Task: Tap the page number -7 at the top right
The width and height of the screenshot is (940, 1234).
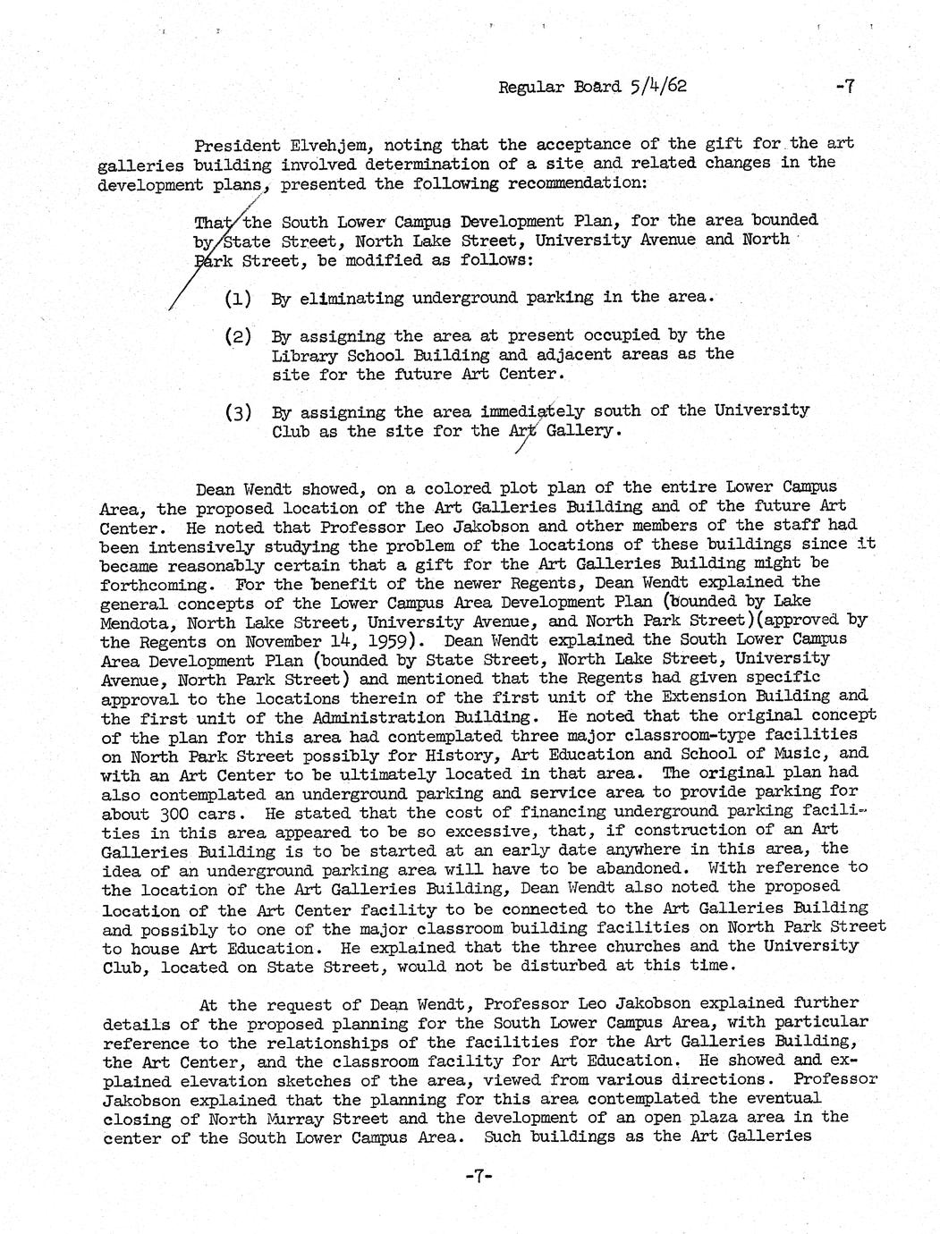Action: pos(845,87)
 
